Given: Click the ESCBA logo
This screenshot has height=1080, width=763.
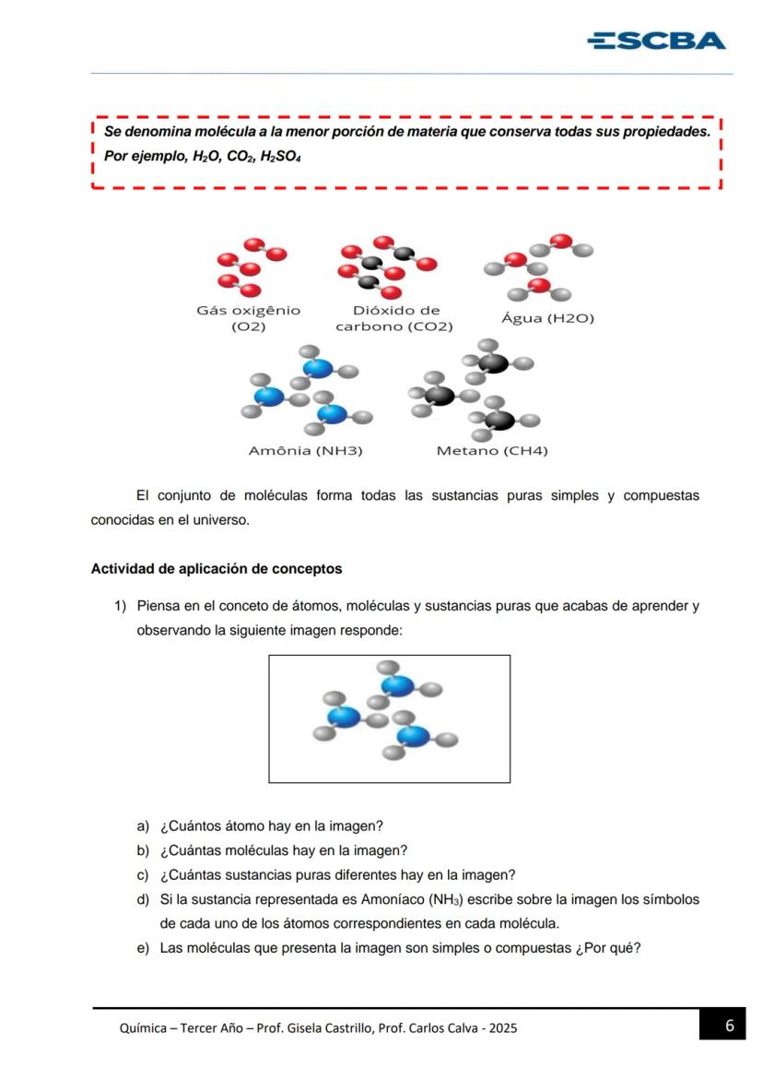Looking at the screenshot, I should pos(656,41).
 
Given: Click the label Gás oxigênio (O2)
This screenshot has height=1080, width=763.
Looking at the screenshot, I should pos(248,318).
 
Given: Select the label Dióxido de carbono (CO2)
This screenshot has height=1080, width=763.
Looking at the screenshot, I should pos(394,318).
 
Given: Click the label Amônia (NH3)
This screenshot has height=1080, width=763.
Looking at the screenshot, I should pos(306,451).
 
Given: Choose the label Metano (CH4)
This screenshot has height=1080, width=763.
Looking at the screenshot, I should pos(491,451).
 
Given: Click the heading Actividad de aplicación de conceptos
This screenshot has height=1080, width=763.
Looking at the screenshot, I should pos(216,569).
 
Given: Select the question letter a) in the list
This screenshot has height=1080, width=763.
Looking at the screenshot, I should pos(143,826).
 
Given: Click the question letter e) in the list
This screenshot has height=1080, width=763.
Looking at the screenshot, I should pos(143,946).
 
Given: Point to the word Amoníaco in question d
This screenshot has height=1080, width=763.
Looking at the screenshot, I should pos(401,898).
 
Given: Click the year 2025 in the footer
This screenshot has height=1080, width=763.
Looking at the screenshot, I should pos(502,1027).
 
